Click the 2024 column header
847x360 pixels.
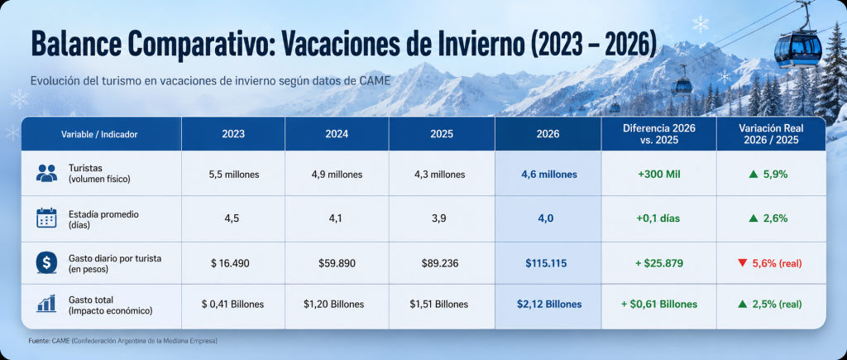click(x=337, y=134)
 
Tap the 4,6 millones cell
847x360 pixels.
click(x=549, y=175)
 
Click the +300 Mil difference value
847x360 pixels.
click(x=658, y=175)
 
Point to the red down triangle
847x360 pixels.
click(x=742, y=263)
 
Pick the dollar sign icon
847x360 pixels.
click(x=46, y=263)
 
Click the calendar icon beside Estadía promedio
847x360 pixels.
click(x=46, y=218)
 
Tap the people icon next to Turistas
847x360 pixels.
click(x=46, y=173)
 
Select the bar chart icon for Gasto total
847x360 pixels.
click(x=46, y=304)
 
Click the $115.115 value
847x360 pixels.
click(x=548, y=263)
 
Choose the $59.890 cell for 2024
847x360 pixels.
click(x=337, y=263)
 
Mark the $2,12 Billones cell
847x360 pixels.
click(x=549, y=305)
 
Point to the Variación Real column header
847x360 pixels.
click(x=771, y=134)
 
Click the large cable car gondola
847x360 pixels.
click(x=798, y=47)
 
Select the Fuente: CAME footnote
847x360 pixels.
click(x=122, y=341)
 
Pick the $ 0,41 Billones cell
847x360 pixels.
click(x=232, y=305)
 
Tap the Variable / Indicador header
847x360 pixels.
click(x=99, y=134)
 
